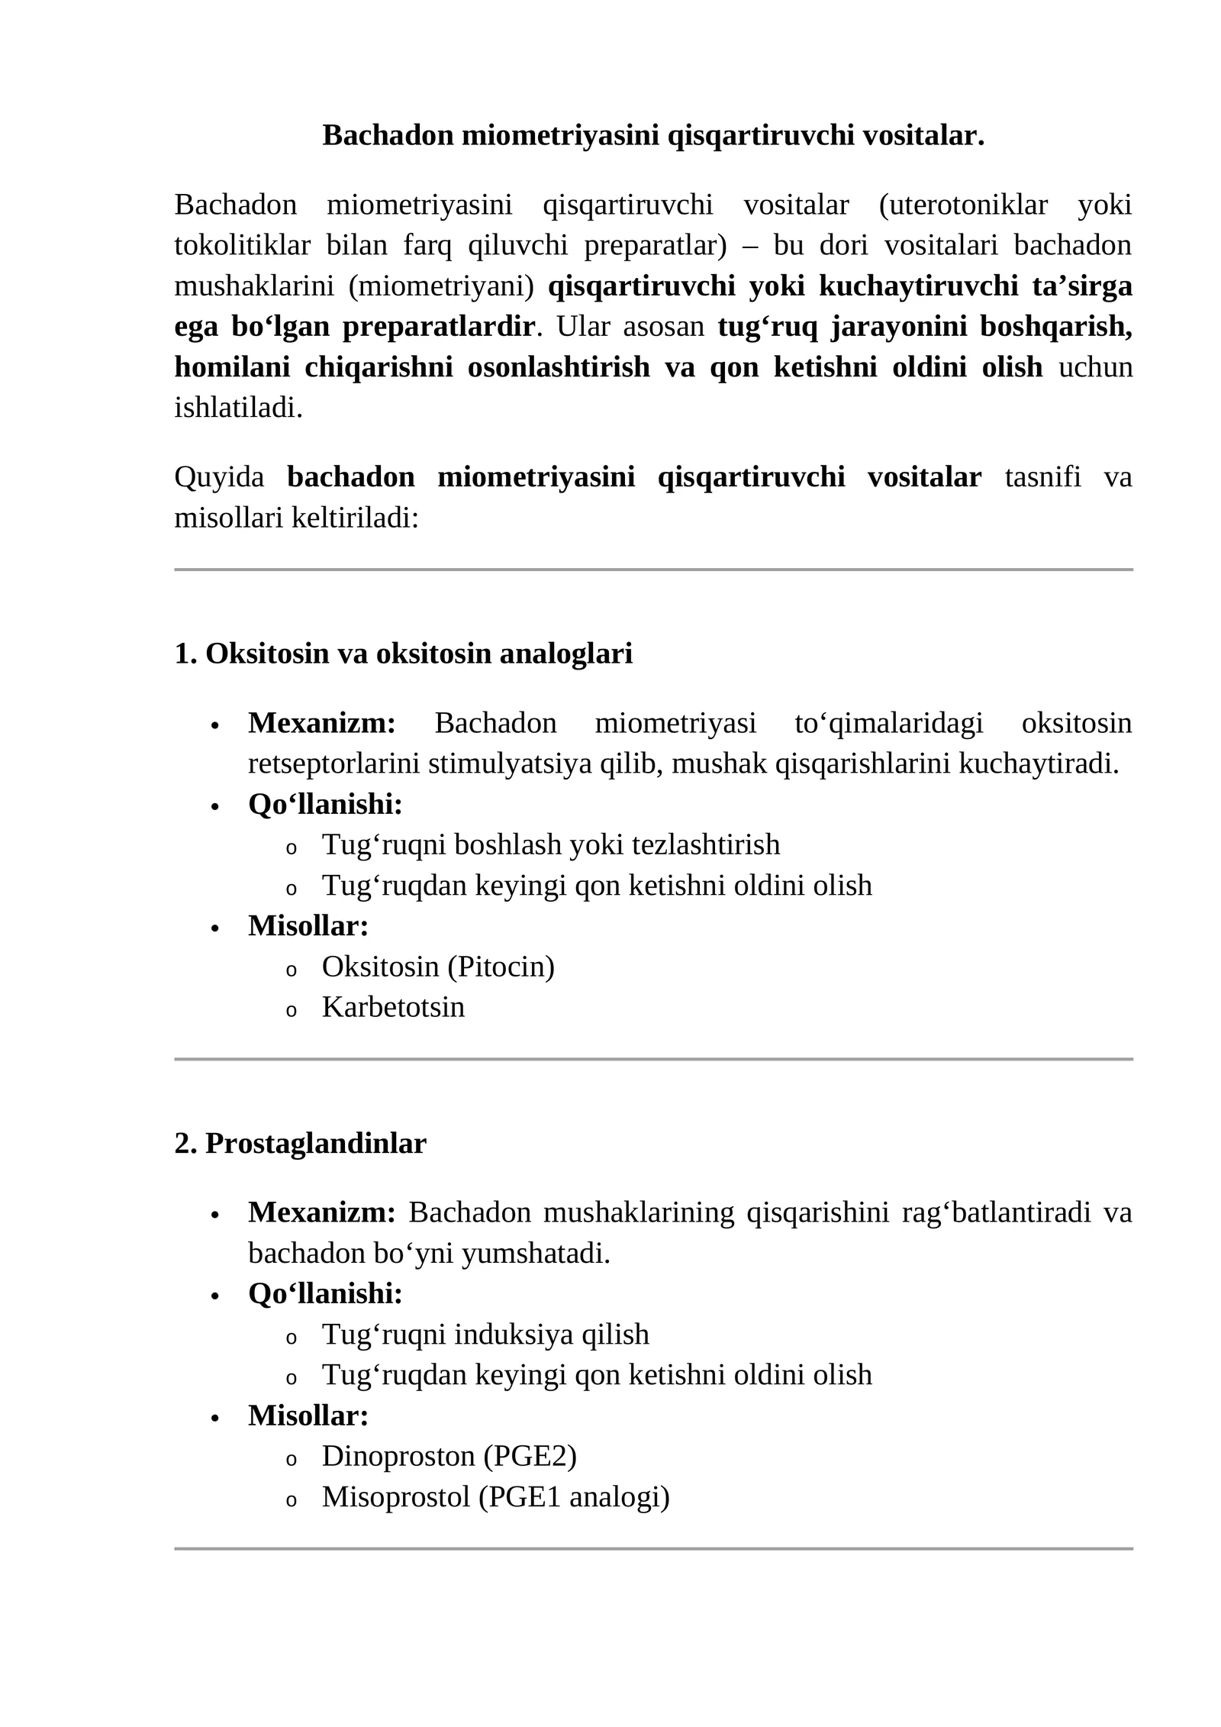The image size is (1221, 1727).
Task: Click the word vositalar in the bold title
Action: (923, 136)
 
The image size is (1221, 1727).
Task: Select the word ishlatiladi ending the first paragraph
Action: (238, 408)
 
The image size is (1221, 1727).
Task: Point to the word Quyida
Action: (219, 477)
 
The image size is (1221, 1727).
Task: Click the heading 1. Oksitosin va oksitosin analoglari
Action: (403, 654)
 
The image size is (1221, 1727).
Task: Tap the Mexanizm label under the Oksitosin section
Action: (321, 723)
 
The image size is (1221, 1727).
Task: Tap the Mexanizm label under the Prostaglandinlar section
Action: (321, 1212)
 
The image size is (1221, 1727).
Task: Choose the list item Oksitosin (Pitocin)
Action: (438, 967)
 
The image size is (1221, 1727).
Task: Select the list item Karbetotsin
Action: (393, 1007)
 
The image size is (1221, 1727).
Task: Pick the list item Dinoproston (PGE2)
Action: (449, 1456)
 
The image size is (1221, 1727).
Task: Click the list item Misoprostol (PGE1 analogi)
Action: (495, 1496)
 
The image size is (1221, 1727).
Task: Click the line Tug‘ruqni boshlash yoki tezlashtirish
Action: (550, 845)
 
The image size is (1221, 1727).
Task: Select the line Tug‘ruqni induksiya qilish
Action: (485, 1335)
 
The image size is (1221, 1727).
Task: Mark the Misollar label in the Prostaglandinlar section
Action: (308, 1415)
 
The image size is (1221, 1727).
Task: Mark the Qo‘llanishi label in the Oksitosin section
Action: (325, 804)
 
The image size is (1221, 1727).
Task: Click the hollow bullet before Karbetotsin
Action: (290, 1010)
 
